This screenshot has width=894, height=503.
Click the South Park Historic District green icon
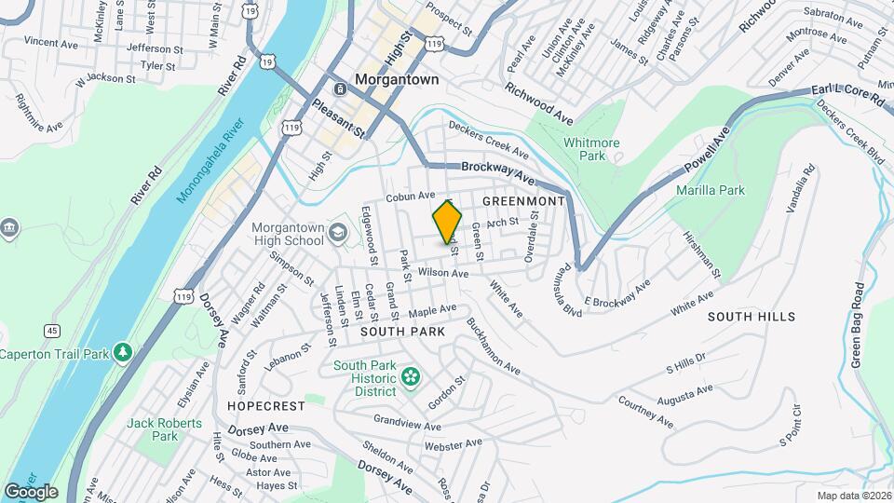pos(410,377)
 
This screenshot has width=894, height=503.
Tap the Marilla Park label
pos(712,190)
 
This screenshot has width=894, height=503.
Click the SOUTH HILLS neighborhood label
pos(752,317)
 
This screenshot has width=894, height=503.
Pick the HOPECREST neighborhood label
pos(265,406)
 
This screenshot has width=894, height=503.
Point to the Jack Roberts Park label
pos(153,429)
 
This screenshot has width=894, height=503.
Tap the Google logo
pos(31,491)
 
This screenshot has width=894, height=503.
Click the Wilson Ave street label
pos(442,273)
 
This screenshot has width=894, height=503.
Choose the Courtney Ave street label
pos(645,412)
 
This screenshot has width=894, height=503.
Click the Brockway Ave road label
pos(498,172)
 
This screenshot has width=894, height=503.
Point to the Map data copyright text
pos(852,496)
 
